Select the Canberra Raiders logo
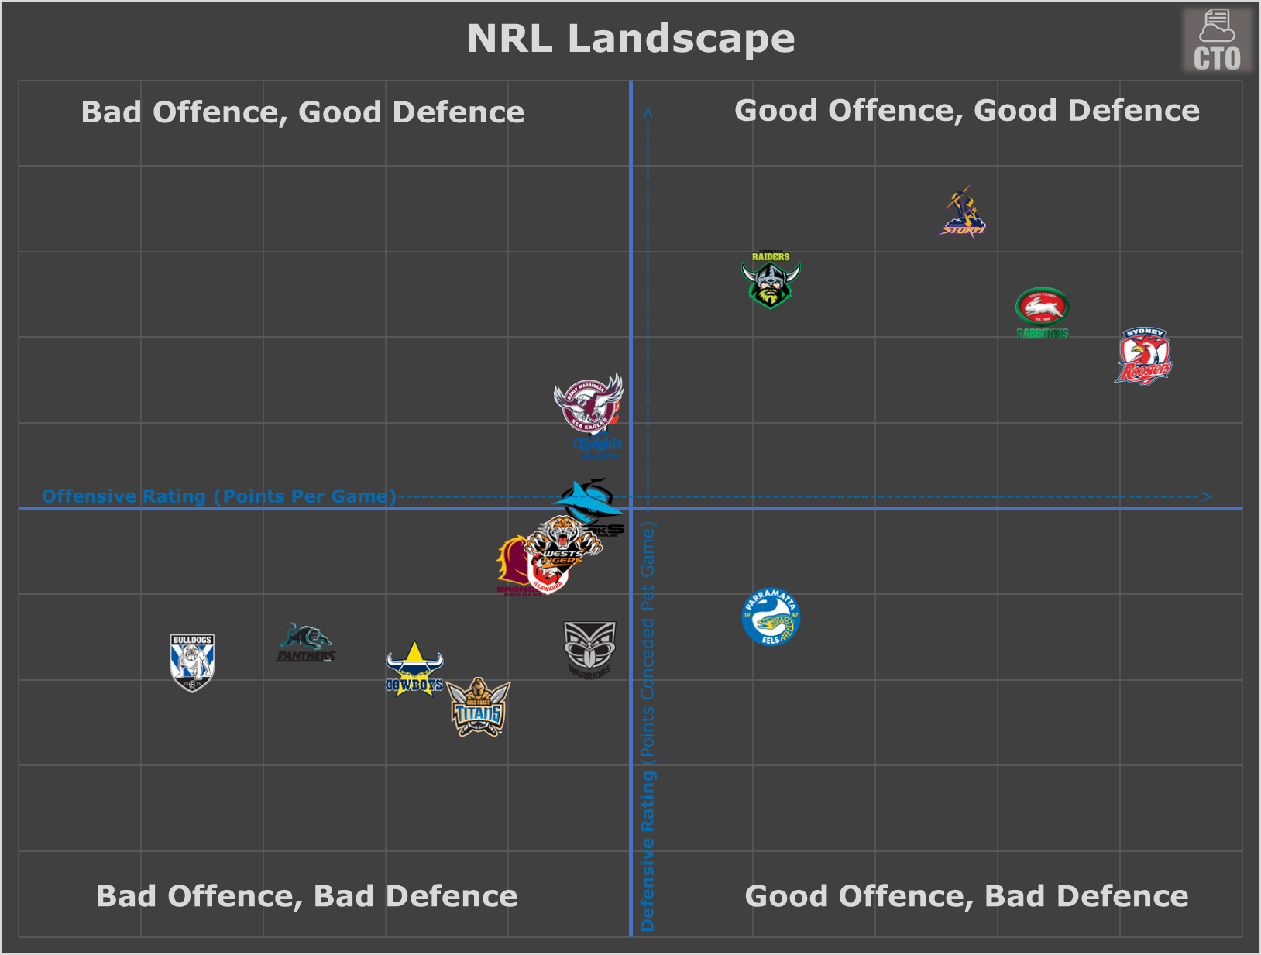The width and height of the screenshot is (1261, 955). (x=771, y=280)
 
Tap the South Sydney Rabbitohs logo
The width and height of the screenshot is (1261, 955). (x=1043, y=312)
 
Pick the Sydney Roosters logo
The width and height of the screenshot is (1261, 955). (x=1144, y=357)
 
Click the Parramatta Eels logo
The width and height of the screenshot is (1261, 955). (x=771, y=617)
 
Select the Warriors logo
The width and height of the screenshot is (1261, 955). (x=589, y=649)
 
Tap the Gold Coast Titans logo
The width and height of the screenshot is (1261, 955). (x=479, y=707)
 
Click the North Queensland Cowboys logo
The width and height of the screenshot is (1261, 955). (x=414, y=669)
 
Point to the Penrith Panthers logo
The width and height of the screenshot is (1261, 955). (x=306, y=644)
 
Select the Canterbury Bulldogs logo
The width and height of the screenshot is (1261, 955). (x=192, y=662)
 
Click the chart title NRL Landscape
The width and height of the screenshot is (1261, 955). (x=630, y=39)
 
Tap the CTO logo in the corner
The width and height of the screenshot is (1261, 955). (x=1217, y=41)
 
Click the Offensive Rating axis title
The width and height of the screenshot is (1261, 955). (x=218, y=496)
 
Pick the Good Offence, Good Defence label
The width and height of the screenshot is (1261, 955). (x=967, y=111)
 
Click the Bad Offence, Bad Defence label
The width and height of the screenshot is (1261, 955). (x=307, y=896)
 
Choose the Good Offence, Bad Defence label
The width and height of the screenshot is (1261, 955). (x=966, y=896)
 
